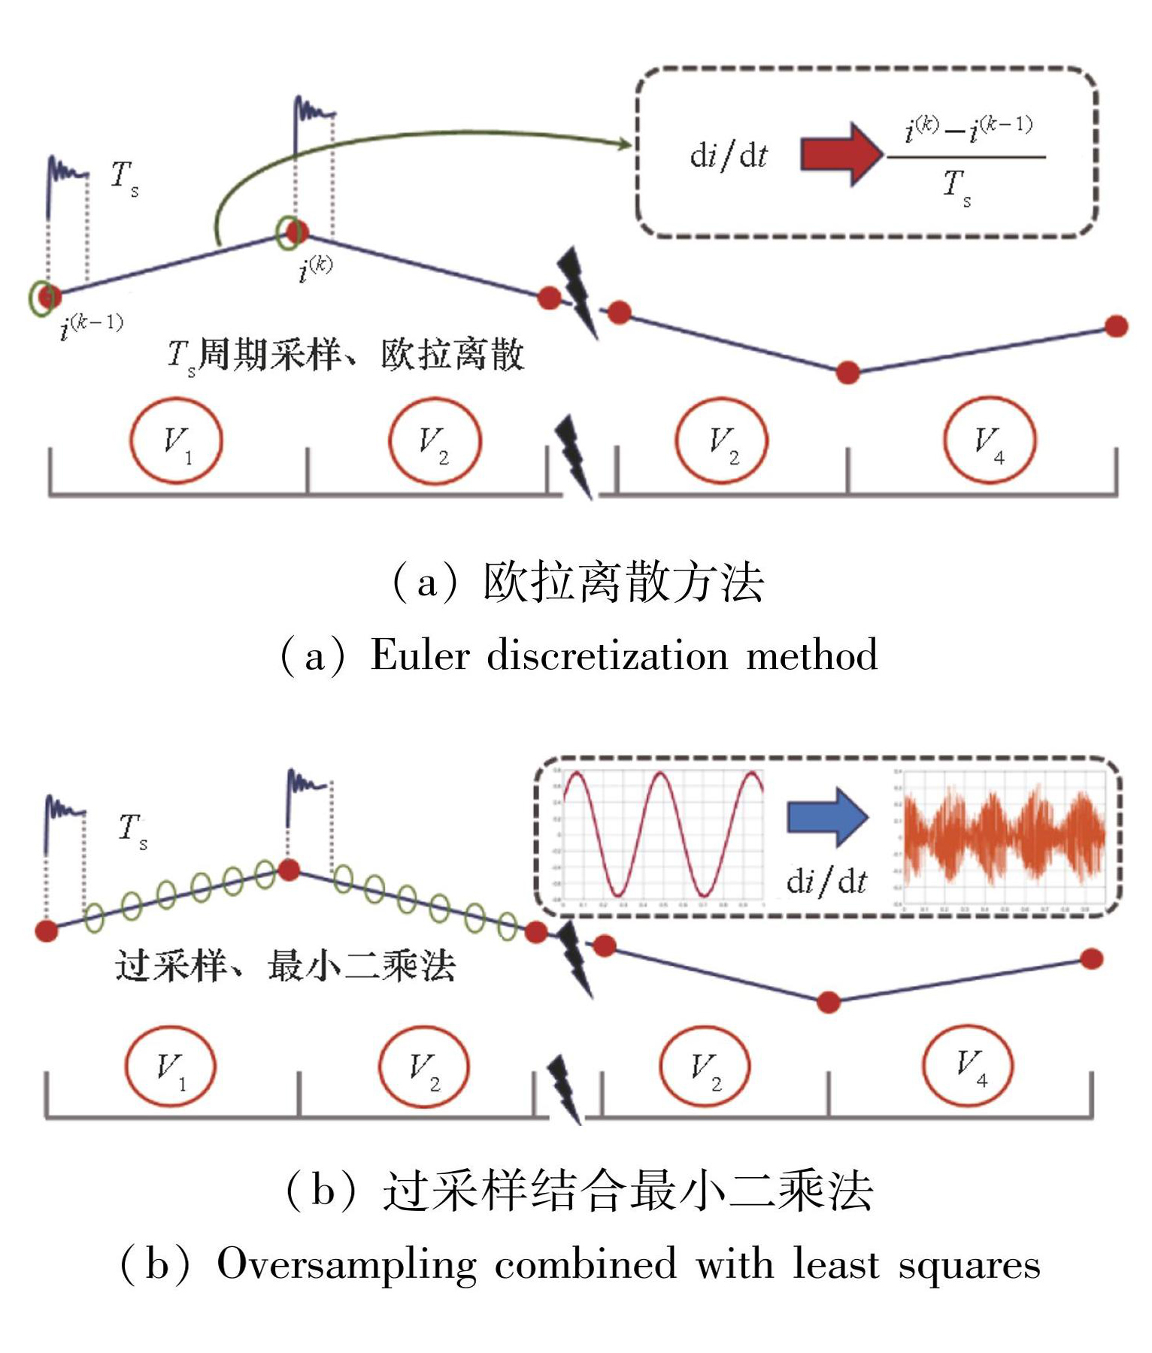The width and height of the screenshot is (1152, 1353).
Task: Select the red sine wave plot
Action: [x=662, y=834]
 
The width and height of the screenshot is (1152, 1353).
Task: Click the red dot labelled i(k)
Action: [x=296, y=232]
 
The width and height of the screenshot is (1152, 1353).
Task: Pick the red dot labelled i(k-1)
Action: [x=50, y=296]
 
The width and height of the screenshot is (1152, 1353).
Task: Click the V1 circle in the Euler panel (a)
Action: [x=176, y=440]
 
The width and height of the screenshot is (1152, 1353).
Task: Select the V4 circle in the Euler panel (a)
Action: [x=990, y=440]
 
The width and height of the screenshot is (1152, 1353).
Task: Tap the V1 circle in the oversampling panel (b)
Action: [x=171, y=1067]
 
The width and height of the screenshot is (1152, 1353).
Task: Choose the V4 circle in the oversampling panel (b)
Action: [x=969, y=1065]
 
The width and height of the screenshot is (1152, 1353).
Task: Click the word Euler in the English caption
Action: [x=420, y=655]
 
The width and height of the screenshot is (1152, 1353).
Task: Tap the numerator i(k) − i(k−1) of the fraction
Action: [x=969, y=129]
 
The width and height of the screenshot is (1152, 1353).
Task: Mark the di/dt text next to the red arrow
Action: [x=728, y=155]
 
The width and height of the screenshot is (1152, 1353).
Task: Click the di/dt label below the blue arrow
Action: [x=826, y=880]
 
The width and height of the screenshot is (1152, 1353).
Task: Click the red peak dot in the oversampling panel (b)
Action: [x=289, y=870]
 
